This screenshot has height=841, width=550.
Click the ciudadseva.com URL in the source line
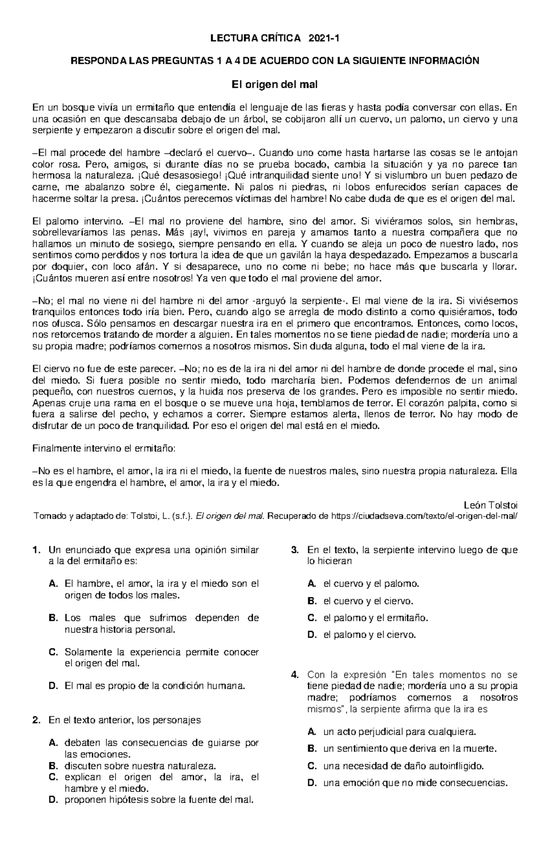click(x=423, y=516)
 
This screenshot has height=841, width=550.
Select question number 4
click(x=295, y=675)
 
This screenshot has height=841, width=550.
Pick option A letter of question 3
click(x=312, y=584)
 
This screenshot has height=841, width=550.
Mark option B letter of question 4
click(x=312, y=749)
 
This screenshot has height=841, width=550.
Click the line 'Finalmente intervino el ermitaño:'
click(x=104, y=449)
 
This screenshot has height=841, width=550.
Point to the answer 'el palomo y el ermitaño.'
click(x=375, y=618)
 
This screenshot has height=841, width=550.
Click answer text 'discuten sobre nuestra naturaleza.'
click(x=139, y=766)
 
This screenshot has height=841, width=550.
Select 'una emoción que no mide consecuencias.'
click(x=416, y=783)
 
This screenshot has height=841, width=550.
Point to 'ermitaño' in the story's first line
click(x=156, y=108)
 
